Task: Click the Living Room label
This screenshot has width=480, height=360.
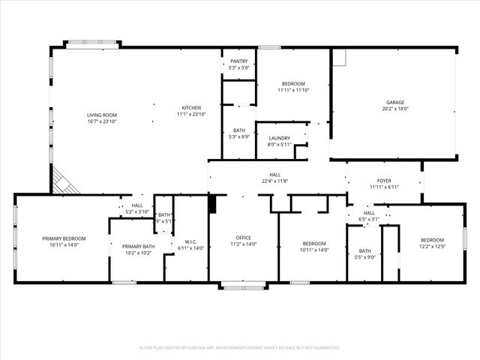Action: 102,115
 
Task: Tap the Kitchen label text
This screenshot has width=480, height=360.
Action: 190,108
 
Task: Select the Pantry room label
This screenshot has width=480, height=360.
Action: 239,61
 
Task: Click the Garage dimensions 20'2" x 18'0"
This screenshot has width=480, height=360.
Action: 395,109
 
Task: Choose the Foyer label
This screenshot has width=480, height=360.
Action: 384,180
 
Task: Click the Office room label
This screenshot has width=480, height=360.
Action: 243,238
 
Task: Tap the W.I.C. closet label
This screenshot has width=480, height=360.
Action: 190,241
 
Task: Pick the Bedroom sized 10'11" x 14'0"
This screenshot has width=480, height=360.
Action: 314,244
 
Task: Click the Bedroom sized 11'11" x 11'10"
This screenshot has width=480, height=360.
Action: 293,84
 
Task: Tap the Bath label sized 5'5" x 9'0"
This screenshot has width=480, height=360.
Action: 364,251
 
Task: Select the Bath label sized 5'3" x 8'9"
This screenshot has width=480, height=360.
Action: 239,130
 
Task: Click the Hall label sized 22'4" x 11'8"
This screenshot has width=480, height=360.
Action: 275,175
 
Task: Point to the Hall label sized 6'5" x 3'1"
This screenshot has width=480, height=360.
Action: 370,213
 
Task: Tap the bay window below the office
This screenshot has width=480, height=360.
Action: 243,285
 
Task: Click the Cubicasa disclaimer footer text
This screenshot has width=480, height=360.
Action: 240,347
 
